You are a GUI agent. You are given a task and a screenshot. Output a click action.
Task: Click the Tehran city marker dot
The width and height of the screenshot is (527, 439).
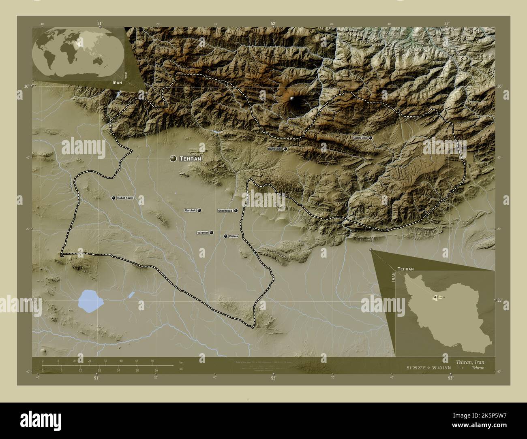(x=174, y=159)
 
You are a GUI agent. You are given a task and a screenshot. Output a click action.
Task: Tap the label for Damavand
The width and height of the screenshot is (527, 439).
(x=275, y=149)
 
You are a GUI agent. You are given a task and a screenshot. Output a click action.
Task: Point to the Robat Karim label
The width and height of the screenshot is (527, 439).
(x=124, y=198)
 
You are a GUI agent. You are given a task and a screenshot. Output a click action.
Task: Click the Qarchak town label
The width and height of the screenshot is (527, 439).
(x=190, y=211)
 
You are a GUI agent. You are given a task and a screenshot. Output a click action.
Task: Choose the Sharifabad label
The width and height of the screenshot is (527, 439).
(x=225, y=211)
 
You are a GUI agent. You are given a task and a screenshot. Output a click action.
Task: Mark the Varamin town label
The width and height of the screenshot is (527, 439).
(x=202, y=233)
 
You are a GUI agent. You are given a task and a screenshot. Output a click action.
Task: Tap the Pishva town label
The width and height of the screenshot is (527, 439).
(x=234, y=236)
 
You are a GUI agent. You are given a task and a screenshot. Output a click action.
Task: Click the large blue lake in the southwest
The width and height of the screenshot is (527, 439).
(x=90, y=300)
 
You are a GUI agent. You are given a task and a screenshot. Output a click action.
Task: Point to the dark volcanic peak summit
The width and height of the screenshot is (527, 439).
(x=293, y=99)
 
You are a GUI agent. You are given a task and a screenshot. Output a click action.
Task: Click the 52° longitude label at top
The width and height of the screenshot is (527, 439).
(x=274, y=23)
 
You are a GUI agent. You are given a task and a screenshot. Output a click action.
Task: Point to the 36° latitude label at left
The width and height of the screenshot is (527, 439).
(x=26, y=86)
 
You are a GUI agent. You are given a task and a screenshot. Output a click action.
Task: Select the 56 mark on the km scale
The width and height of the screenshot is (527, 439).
(x=152, y=360)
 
